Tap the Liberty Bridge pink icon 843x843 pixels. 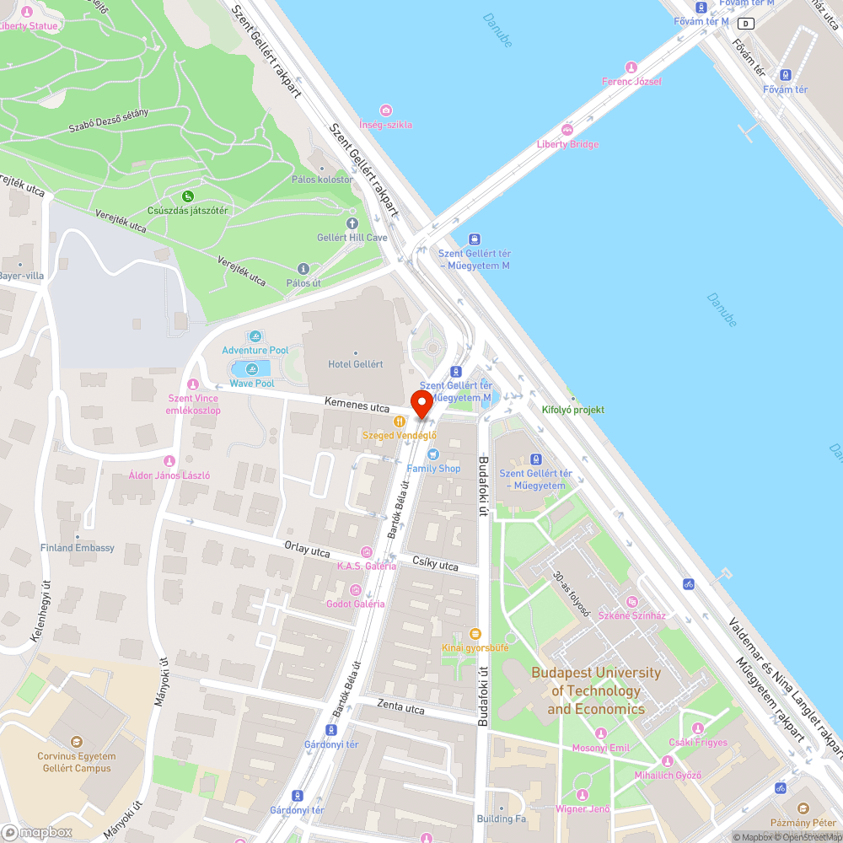point(566,130)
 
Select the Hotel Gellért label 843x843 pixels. point(355,364)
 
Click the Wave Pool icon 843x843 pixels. point(252,369)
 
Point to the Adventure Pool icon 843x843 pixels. point(255,336)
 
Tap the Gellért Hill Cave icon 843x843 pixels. point(352,223)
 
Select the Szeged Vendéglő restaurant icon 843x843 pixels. point(399,421)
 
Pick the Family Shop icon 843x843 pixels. point(433,454)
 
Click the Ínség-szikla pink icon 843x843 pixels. point(386,110)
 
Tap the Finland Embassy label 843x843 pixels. point(78,548)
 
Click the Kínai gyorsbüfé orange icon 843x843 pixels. point(475,633)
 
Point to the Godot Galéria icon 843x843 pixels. point(356,589)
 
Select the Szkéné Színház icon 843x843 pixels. point(632,601)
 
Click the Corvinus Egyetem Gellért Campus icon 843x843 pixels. point(75,742)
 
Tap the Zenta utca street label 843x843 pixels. point(400,708)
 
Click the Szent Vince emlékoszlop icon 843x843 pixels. point(193,384)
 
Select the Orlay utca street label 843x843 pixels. point(307,551)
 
